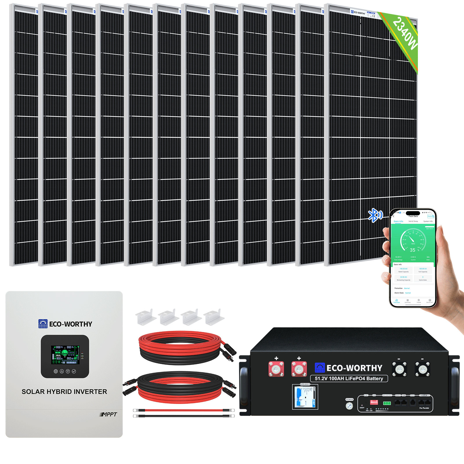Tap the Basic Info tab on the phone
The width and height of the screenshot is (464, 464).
click(x=398, y=222)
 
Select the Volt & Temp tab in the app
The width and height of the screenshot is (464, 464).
click(x=413, y=222)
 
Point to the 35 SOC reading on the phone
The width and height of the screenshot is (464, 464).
click(x=412, y=250)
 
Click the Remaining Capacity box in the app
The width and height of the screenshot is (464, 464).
click(x=403, y=278)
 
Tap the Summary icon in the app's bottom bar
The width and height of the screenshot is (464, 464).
click(x=407, y=301)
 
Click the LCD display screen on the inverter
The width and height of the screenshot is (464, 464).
click(x=65, y=355)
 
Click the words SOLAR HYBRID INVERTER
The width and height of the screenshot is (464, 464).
click(x=64, y=392)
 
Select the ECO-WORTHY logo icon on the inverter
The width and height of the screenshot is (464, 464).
click(x=43, y=324)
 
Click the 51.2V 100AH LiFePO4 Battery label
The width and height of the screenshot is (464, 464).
click(x=349, y=378)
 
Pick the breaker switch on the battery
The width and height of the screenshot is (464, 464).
click(x=304, y=397)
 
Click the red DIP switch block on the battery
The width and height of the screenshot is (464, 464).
click(x=374, y=403)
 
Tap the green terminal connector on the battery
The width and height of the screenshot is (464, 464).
click(x=387, y=403)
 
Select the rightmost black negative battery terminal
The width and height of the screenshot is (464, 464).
click(x=422, y=369)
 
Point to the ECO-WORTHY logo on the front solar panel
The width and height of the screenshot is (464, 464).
click(x=358, y=13)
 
